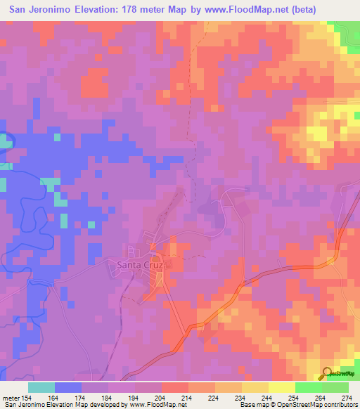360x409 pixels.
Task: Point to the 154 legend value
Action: pos(26,397)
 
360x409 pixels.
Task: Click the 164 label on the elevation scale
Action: pos(56,397)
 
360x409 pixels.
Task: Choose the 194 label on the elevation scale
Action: pos(136,397)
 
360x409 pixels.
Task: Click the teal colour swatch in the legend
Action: pos(41,387)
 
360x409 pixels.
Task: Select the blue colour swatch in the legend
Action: pos(68,387)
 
